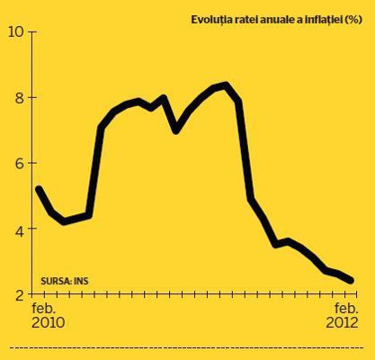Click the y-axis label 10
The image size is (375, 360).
point(15,31)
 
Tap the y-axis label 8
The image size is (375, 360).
point(20,97)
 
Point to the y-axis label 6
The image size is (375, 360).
point(20,163)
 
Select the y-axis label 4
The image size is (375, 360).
point(20,229)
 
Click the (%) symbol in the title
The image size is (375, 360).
point(353,20)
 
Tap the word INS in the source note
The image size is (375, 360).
point(81,281)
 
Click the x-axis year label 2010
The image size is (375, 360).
point(49,323)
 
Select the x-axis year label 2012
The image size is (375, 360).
point(342,323)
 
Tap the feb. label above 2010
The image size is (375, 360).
point(44,308)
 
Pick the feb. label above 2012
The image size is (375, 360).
point(346,308)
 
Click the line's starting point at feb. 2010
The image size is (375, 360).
point(39,189)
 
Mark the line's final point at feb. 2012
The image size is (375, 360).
point(351,281)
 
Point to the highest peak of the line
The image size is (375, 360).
point(226,85)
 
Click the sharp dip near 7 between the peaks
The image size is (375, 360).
point(176,130)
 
